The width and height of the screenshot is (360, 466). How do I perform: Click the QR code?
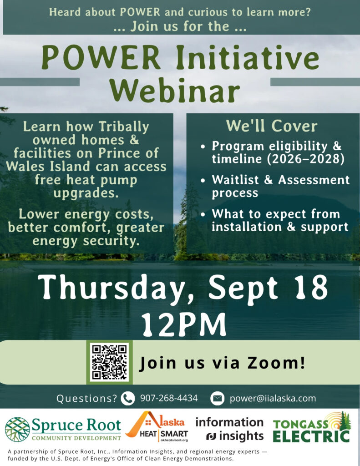109,362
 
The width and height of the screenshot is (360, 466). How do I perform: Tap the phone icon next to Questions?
128,398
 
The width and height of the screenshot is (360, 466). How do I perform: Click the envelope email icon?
217,398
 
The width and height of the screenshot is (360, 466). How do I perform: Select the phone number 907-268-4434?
168,398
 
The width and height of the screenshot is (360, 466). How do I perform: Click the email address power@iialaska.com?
273,398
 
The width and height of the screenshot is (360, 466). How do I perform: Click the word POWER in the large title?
101,57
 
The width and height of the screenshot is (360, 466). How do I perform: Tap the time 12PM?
183,324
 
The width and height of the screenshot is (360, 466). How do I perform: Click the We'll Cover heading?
272,126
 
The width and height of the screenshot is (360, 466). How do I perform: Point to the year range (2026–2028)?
305,159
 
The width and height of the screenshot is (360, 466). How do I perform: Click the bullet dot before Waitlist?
203,180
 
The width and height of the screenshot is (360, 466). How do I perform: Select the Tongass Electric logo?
311,427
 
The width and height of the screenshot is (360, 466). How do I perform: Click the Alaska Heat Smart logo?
157,427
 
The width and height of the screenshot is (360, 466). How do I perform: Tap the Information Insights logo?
229,429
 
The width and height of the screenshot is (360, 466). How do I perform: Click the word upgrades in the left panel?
86,193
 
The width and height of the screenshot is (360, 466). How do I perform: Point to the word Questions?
87,399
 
